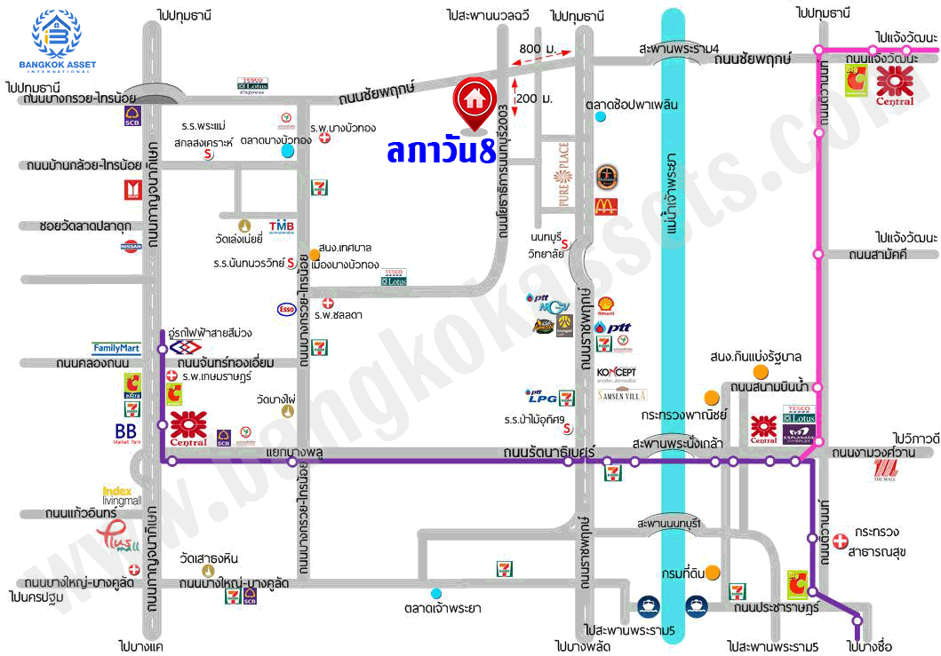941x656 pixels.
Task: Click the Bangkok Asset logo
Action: click(x=57, y=41)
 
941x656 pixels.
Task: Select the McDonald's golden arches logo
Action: click(x=606, y=207)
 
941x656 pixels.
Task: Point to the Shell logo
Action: click(x=606, y=306)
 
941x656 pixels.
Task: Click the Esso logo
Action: click(x=286, y=309)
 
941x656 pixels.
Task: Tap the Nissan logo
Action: click(x=132, y=246)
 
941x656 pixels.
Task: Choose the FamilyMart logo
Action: click(x=116, y=349)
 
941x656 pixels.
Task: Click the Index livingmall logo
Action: click(x=120, y=495)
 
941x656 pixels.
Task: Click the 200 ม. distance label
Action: click(x=533, y=99)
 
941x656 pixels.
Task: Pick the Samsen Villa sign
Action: click(x=622, y=394)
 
